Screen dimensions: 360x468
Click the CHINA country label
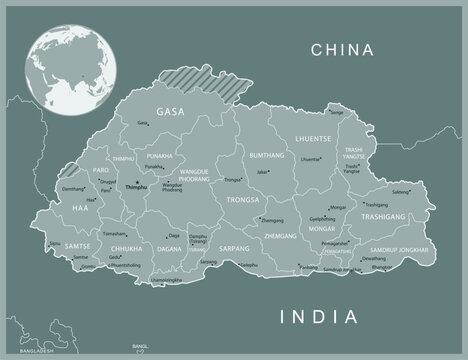point(341,49)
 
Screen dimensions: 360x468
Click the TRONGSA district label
point(242,199)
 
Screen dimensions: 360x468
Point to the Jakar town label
point(263,172)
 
